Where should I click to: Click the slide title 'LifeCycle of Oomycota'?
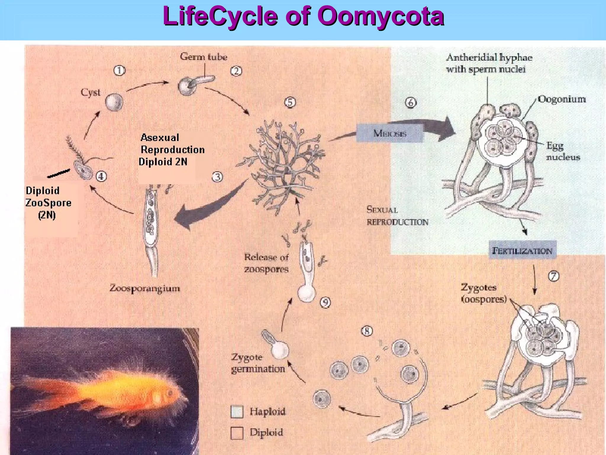pyautogui.click(x=303, y=16)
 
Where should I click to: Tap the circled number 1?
pyautogui.click(x=120, y=71)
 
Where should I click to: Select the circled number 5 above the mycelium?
pyautogui.click(x=290, y=102)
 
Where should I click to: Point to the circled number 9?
pyautogui.click(x=325, y=302)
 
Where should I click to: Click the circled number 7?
pyautogui.click(x=554, y=276)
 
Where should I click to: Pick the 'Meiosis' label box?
pyautogui.click(x=390, y=133)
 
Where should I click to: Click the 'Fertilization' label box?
pyautogui.click(x=522, y=251)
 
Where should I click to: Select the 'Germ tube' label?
pyautogui.click(x=204, y=57)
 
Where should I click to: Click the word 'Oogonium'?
pyautogui.click(x=562, y=99)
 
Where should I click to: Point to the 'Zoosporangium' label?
pyautogui.click(x=145, y=288)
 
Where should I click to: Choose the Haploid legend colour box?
pyautogui.click(x=237, y=411)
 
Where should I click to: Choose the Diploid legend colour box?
pyautogui.click(x=237, y=433)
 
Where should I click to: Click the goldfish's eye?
pyautogui.click(x=170, y=393)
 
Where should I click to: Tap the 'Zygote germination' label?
pyautogui.click(x=257, y=363)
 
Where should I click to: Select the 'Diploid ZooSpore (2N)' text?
pyautogui.click(x=48, y=203)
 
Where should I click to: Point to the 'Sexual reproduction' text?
pyautogui.click(x=397, y=216)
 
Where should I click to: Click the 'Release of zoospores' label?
pyautogui.click(x=266, y=263)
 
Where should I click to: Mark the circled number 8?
pyautogui.click(x=367, y=331)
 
